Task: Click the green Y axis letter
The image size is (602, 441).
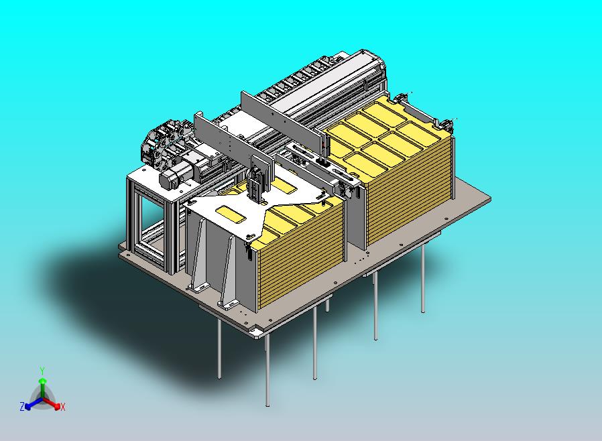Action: pos(42,371)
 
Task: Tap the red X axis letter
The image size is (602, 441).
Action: pos(63,407)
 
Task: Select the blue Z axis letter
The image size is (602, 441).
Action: pos(22,406)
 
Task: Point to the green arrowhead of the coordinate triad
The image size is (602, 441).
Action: pos(43,381)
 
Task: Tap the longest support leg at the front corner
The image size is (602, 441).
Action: pos(267,371)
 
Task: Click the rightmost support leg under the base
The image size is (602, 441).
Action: pos(423,279)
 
